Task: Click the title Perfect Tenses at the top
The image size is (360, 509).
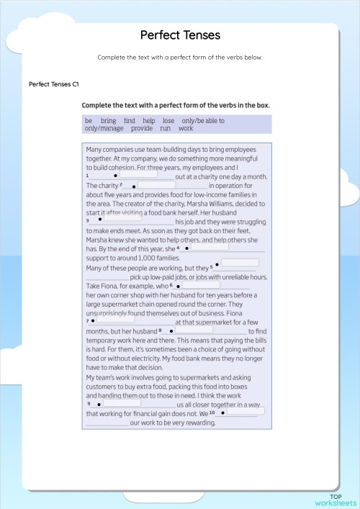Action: point(180,35)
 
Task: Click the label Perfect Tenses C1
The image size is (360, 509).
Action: point(54,84)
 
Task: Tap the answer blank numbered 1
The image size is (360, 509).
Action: point(138,174)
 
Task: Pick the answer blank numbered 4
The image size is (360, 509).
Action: point(209,247)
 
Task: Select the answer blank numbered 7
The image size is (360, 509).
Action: point(114,320)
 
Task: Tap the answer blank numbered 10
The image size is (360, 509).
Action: point(244,412)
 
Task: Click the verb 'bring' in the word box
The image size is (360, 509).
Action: point(108,121)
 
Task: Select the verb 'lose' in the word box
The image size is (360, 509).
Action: point(168,121)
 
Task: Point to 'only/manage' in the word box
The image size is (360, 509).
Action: point(104,128)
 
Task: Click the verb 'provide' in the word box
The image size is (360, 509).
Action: point(142,128)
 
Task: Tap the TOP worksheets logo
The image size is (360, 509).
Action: point(336,500)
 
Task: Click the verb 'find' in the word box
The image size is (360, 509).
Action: point(130,121)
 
